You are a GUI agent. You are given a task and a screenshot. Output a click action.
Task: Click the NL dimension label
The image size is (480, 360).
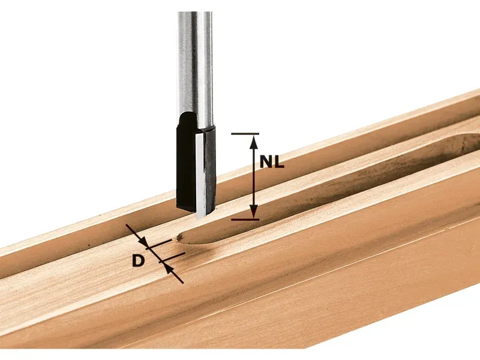272,161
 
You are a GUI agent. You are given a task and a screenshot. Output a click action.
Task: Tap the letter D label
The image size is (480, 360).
138,261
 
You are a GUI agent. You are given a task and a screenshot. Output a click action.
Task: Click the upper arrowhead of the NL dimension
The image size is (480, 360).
253,142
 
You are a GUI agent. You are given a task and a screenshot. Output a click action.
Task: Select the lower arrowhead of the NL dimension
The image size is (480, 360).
253,212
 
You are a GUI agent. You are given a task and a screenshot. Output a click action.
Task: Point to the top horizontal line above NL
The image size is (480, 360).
245,134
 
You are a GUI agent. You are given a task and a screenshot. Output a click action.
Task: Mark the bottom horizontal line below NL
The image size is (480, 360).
245,219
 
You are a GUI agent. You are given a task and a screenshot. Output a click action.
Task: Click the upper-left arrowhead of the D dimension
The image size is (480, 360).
143,242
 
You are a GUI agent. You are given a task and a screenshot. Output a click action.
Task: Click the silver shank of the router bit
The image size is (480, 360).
194,67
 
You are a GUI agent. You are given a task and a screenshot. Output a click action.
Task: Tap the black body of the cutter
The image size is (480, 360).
185,166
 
